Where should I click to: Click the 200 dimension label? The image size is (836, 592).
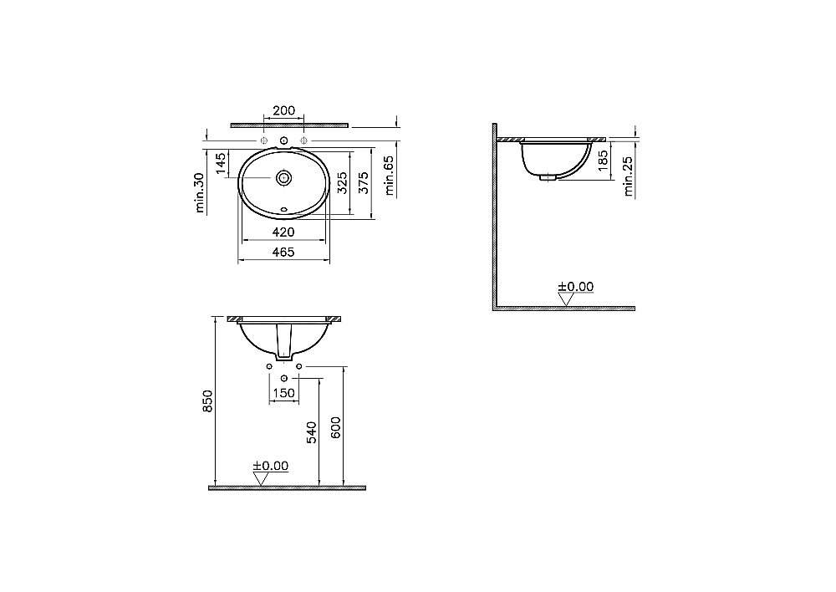tap(283, 111)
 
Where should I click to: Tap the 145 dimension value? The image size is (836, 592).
tap(222, 163)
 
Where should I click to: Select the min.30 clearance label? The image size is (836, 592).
tap(200, 193)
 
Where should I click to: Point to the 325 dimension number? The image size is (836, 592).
tap(342, 182)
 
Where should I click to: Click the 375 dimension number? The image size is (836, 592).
tap(364, 182)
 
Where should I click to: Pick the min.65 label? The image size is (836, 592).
tap(390, 175)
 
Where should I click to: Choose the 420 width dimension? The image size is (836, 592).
tap(283, 232)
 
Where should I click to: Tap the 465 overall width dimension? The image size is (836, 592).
tap(283, 253)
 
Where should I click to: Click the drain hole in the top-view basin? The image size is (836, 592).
tap(283, 177)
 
